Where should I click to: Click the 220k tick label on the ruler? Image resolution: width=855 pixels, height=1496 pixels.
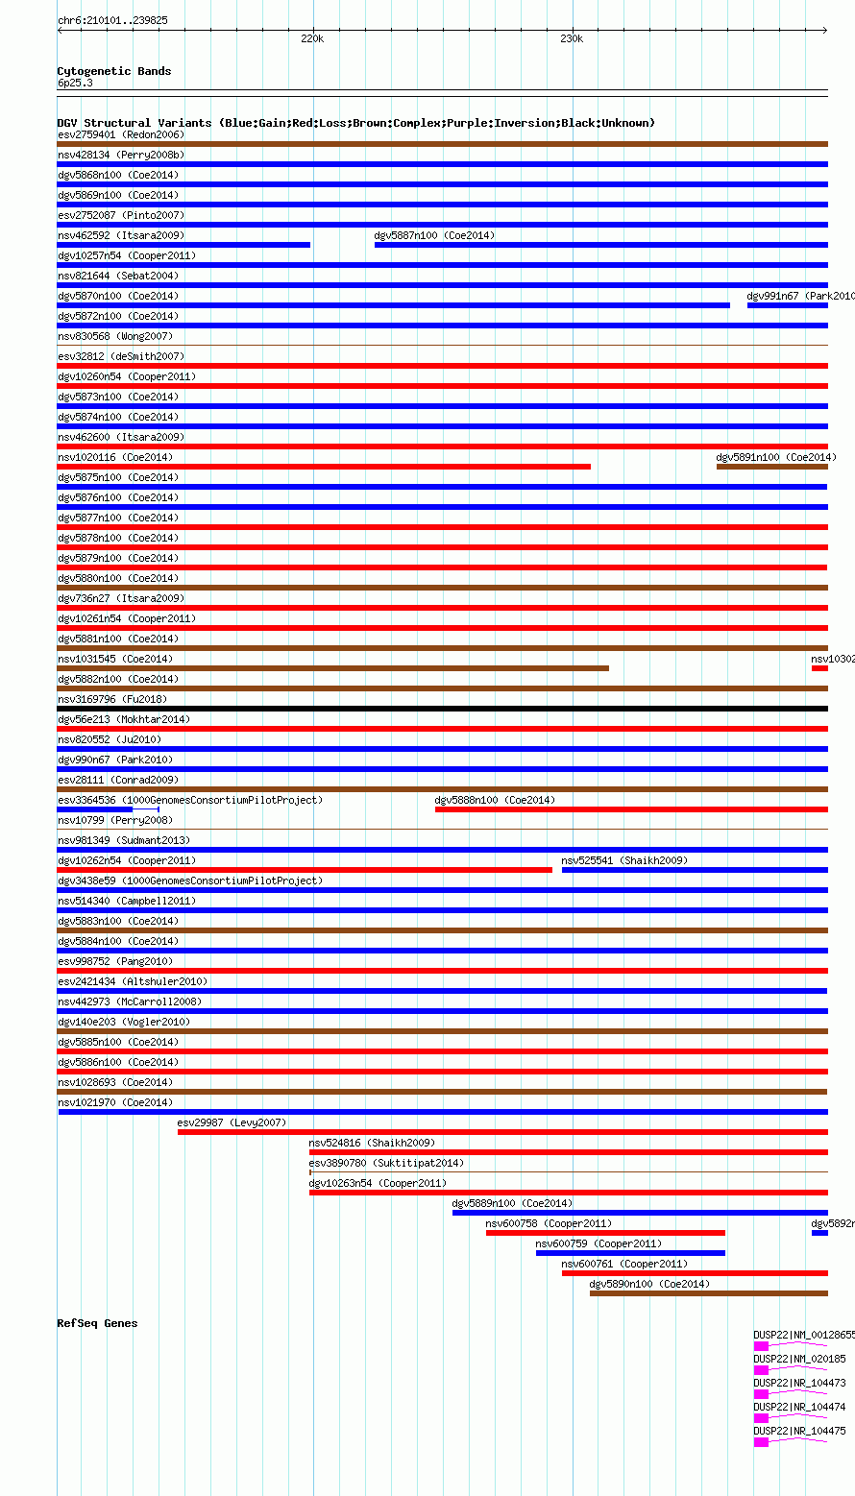tap(312, 39)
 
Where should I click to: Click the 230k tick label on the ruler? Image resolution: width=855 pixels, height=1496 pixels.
tap(572, 39)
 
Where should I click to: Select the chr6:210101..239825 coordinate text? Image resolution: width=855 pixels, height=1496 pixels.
tap(112, 20)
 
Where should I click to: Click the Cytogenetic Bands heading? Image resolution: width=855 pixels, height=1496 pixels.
tap(113, 71)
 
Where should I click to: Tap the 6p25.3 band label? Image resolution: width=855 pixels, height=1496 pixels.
tap(75, 83)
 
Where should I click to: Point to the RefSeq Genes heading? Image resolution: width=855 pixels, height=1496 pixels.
tap(97, 1323)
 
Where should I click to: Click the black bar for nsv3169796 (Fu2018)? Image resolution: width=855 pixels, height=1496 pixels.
tap(442, 709)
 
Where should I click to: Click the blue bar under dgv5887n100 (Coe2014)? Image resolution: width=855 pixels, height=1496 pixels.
tap(600, 245)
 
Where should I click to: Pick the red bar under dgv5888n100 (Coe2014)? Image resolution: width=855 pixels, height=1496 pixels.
tap(631, 809)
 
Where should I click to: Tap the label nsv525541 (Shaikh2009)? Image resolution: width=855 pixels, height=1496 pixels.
tap(624, 860)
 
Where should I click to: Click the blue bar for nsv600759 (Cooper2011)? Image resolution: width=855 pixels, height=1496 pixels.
tap(630, 1253)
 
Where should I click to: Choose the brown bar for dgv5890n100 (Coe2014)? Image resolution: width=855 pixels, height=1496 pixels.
tap(708, 1293)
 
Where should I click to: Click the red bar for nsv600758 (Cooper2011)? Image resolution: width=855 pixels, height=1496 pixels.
tap(605, 1233)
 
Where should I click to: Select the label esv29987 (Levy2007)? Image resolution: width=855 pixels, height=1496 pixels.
tap(232, 1122)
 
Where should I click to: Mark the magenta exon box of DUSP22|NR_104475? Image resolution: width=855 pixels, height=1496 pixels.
tap(761, 1442)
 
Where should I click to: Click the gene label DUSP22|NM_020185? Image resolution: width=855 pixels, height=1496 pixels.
tap(799, 1359)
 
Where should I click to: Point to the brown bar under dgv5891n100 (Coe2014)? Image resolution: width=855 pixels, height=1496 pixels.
tap(771, 467)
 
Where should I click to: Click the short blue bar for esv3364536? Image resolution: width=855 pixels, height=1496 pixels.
tap(95, 809)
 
